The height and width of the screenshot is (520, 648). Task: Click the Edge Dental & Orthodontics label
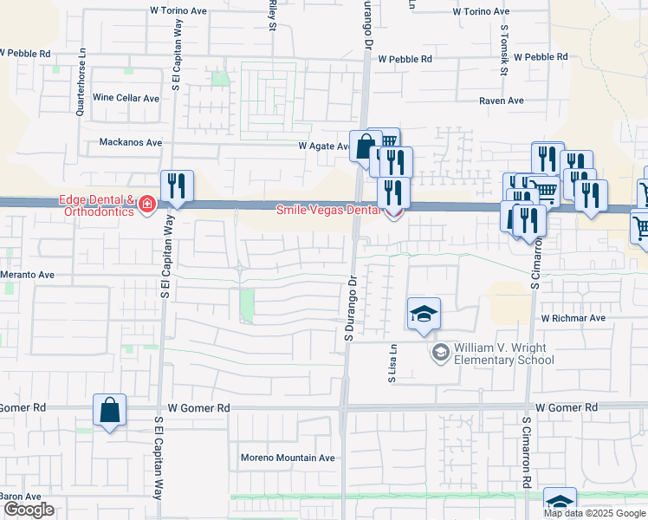(95, 205)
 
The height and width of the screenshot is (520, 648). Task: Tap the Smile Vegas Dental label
(327, 210)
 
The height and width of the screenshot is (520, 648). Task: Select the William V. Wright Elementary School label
(503, 354)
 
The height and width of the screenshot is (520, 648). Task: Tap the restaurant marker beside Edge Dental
(177, 186)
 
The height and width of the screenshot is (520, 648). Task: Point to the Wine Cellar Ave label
(126, 98)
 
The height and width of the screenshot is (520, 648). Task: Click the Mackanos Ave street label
(130, 142)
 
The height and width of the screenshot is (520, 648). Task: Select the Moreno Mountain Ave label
(288, 458)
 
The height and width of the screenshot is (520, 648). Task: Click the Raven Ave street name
(502, 101)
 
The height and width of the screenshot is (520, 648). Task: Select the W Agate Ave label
(324, 146)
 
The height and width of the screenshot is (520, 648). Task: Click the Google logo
(29, 510)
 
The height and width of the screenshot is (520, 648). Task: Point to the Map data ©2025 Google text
(595, 513)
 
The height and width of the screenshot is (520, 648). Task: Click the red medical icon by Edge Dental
(146, 205)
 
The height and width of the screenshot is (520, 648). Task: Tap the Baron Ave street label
(16, 497)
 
